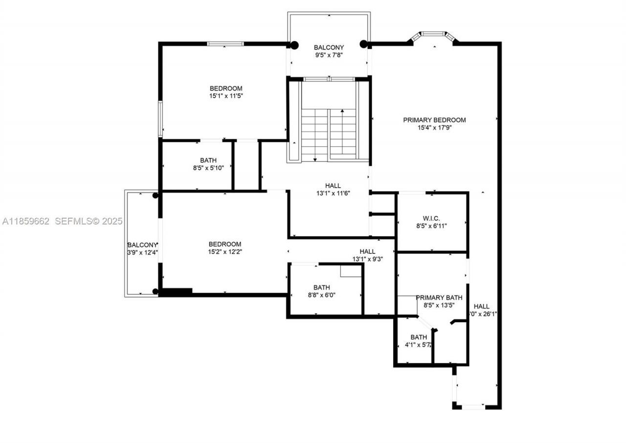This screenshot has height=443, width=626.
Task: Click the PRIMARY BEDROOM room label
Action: click(434, 120)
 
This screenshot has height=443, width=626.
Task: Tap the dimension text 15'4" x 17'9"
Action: click(434, 128)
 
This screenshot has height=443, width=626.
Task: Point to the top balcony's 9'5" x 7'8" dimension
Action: click(329, 55)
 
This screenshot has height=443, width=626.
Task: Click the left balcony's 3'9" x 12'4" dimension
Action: click(142, 253)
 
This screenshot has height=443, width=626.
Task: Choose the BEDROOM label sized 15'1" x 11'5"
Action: click(226, 89)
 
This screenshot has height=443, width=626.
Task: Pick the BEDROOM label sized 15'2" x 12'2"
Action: click(225, 244)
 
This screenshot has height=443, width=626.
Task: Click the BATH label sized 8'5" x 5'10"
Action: click(208, 160)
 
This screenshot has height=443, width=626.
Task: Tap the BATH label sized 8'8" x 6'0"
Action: click(321, 288)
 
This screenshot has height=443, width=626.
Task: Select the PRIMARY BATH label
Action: click(439, 298)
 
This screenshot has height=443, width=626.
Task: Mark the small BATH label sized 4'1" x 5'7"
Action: click(418, 337)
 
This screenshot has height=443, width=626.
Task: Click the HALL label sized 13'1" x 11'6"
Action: click(333, 186)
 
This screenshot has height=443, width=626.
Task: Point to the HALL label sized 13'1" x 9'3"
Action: click(367, 252)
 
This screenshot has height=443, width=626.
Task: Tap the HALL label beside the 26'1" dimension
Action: click(481, 307)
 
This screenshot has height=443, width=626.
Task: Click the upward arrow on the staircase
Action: click(342, 112)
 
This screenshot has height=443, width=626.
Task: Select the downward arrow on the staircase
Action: click(315, 158)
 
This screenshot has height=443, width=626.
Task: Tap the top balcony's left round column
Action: click(294, 45)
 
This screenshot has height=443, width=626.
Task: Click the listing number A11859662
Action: click(26, 221)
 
